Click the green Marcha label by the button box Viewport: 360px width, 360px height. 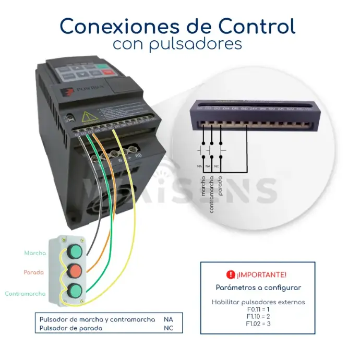tap(35, 253)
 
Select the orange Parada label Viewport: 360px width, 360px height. tap(33, 272)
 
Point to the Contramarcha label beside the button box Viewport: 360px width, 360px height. tap(25, 294)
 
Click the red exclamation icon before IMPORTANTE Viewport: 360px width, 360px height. tap(231, 274)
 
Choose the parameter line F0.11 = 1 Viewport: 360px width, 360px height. tap(258, 309)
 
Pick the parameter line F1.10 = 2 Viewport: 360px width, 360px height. tap(258, 317)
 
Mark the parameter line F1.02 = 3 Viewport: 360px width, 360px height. tap(258, 324)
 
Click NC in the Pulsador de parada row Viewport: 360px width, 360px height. tap(168, 328)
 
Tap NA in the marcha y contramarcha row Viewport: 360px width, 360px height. tap(168, 319)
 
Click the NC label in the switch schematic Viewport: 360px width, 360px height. tap(217, 165)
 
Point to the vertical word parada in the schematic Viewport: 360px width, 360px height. tap(221, 184)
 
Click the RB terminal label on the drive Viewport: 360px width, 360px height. tap(139, 155)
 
